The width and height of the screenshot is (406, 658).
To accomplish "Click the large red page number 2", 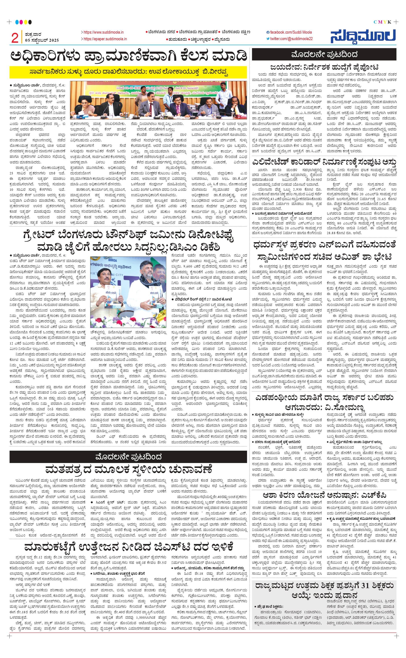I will [x=15, y=38].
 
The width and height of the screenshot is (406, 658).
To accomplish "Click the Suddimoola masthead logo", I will [x=363, y=36].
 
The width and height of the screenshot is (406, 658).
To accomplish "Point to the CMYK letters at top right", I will [x=382, y=22].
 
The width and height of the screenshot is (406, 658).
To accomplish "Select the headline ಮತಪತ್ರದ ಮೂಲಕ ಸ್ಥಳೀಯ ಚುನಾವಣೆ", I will [x=129, y=469].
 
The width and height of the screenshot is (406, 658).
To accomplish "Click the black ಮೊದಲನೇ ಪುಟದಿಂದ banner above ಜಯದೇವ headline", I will [x=324, y=55].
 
